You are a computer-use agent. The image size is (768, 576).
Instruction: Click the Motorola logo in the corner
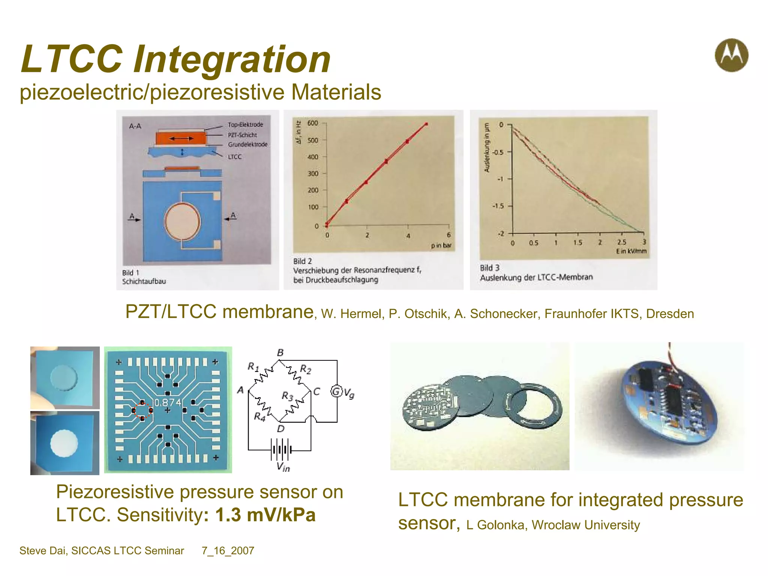(x=731, y=55)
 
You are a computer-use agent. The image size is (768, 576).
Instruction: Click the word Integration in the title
(x=232, y=59)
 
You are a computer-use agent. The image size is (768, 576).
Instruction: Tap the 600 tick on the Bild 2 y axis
(x=312, y=123)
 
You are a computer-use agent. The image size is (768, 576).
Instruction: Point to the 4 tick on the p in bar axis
(x=408, y=235)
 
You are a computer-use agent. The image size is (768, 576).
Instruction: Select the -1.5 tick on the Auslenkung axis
(x=498, y=206)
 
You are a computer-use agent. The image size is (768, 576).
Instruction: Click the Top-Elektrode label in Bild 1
(x=245, y=124)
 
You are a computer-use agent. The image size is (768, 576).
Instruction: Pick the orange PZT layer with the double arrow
(x=181, y=139)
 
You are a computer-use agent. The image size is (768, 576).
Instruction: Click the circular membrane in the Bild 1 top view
(x=183, y=221)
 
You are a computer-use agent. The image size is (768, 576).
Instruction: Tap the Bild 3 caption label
(x=490, y=268)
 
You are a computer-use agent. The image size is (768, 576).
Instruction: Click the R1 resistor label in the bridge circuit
(x=253, y=366)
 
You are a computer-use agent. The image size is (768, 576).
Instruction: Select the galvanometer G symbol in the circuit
(x=336, y=391)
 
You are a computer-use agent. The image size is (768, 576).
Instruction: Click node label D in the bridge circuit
(x=280, y=429)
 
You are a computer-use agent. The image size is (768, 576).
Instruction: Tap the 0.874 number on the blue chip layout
(x=168, y=403)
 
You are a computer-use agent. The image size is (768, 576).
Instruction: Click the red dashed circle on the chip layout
(x=142, y=411)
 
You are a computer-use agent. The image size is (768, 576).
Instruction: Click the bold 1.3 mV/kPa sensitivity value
(x=265, y=515)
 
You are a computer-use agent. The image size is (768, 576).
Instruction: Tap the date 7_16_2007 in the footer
(x=228, y=550)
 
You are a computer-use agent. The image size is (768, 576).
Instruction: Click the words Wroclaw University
(x=585, y=525)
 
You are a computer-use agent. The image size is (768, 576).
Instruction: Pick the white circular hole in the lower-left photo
(x=64, y=443)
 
